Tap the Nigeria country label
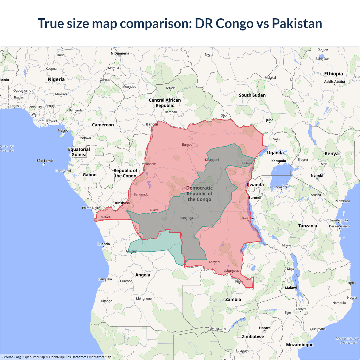[56, 79]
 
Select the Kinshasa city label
[122, 203]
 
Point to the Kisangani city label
[212, 160]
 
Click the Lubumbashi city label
[232, 271]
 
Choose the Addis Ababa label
[334, 82]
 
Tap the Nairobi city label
[317, 175]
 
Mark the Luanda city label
[103, 244]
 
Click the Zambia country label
[233, 299]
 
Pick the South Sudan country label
[252, 95]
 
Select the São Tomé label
[45, 161]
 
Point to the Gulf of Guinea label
[7, 148]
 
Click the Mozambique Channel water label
[348, 340]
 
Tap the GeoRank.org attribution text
[11, 357]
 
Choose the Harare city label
[265, 328]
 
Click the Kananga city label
[186, 218]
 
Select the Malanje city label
[132, 251]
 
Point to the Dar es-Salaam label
[339, 226]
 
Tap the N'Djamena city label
[120, 53]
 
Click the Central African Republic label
[165, 103]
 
